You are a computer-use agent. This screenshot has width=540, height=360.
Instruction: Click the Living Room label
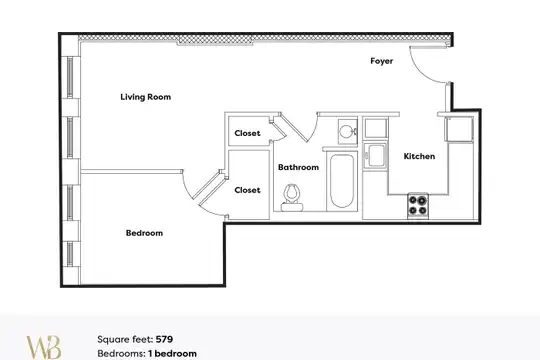click(x=146, y=97)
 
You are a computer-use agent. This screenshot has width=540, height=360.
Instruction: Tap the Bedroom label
click(x=144, y=233)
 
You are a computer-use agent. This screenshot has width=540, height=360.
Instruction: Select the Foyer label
click(x=382, y=61)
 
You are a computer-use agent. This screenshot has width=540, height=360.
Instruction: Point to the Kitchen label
click(x=419, y=156)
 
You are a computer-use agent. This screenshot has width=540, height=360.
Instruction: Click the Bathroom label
click(x=298, y=167)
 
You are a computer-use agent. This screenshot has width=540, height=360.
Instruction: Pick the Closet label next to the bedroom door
click(x=247, y=190)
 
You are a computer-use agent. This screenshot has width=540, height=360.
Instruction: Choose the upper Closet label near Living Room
click(x=247, y=133)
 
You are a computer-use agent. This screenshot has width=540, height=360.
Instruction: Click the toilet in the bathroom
click(x=292, y=197)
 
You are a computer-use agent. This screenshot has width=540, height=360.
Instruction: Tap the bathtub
click(x=342, y=181)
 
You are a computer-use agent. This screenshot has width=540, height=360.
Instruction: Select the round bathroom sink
click(x=347, y=132)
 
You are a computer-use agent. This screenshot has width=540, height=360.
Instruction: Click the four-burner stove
click(x=418, y=206)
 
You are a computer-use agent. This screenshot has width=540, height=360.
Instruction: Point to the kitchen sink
click(x=375, y=156)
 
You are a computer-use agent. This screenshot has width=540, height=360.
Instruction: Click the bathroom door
click(x=294, y=127)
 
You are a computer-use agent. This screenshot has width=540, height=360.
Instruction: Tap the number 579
click(x=164, y=339)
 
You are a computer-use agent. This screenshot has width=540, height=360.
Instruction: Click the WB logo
click(x=44, y=347)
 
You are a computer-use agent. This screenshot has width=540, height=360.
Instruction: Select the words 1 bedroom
click(x=173, y=353)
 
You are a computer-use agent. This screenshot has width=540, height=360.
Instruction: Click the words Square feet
click(x=125, y=340)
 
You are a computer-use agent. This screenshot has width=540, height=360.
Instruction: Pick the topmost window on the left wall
click(x=70, y=77)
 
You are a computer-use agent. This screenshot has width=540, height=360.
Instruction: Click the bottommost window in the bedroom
click(x=70, y=254)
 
